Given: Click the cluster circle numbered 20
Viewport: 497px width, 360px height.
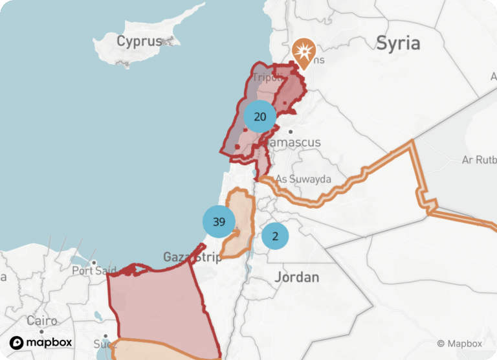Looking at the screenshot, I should [x=260, y=117].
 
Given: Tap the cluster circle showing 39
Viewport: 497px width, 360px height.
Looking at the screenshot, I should [x=219, y=221].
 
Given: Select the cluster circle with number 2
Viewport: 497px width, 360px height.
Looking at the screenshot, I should [x=275, y=236].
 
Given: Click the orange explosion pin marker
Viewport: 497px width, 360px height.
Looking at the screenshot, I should [x=303, y=52].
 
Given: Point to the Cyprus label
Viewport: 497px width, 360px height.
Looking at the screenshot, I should [x=138, y=41].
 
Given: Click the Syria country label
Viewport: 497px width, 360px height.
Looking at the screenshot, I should [x=398, y=43].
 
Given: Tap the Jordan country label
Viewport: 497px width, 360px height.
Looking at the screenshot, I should [x=297, y=277].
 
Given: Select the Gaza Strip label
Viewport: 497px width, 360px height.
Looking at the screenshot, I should [x=192, y=257].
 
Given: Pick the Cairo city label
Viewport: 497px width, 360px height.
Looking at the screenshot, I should [x=42, y=321].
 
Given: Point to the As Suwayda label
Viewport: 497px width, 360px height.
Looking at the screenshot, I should [x=304, y=179].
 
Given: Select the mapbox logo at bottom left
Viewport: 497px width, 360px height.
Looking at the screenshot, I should [x=41, y=343].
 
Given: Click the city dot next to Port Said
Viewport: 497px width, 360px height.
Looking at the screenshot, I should [x=94, y=263].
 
